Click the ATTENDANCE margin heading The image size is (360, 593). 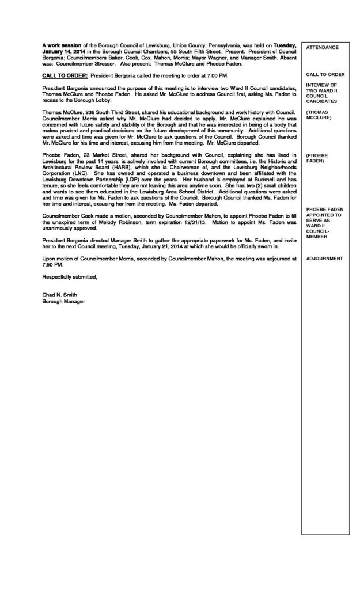tap(323, 47)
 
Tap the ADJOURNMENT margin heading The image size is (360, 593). tap(325, 259)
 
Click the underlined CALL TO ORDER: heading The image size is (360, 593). tap(65, 76)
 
